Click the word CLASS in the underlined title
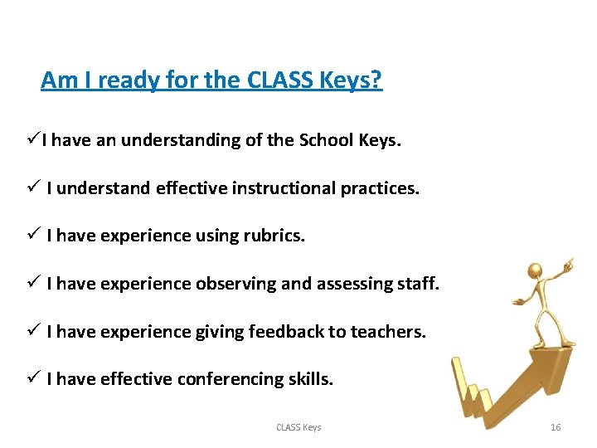(x=279, y=80)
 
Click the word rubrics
(x=274, y=236)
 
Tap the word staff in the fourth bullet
(x=419, y=284)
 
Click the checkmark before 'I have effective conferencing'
(x=32, y=378)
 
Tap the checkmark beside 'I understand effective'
(x=32, y=187)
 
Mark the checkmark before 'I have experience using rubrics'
(x=32, y=236)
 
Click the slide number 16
(x=556, y=427)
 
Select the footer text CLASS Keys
(x=298, y=427)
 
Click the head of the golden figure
(x=536, y=272)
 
